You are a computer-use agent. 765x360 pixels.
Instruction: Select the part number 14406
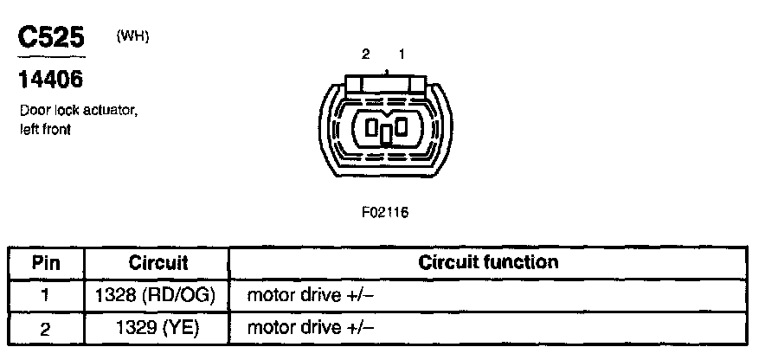click(x=51, y=80)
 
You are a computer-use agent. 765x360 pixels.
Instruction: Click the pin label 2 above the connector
click(x=366, y=54)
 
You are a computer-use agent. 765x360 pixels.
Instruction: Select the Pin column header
click(x=46, y=262)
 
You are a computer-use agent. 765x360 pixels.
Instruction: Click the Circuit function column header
click(x=488, y=261)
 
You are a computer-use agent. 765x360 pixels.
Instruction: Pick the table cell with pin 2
click(x=46, y=327)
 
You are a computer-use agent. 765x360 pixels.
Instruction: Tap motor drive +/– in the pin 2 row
click(x=311, y=327)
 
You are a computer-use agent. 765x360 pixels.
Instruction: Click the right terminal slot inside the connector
click(x=401, y=127)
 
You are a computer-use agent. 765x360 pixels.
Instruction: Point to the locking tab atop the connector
click(x=384, y=83)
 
